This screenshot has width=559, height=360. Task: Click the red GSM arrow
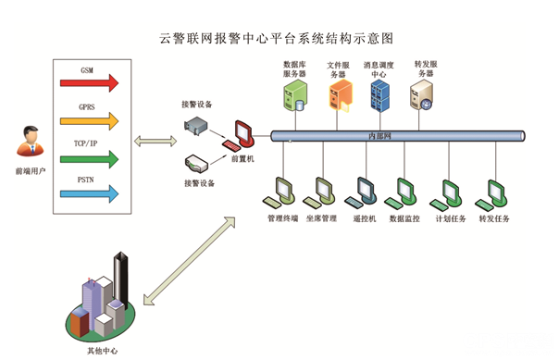click(89, 83)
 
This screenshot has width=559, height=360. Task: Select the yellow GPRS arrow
click(89, 121)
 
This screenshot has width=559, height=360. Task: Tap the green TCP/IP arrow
click(89, 159)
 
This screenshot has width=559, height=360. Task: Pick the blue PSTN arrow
click(89, 194)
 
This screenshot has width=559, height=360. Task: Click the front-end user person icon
click(31, 142)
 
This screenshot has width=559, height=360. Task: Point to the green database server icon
click(295, 95)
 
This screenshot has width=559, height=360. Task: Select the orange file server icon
click(341, 95)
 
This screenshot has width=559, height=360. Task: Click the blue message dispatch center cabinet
click(379, 95)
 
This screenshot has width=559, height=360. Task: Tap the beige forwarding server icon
click(422, 94)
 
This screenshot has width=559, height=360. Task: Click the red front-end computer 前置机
click(240, 136)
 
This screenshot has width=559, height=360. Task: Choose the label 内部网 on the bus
click(379, 136)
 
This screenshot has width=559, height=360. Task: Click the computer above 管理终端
click(279, 192)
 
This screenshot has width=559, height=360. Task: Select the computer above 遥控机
click(361, 192)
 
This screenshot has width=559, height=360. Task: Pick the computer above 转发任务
click(491, 195)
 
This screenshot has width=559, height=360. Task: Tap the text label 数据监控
click(404, 218)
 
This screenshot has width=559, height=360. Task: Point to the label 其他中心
click(103, 351)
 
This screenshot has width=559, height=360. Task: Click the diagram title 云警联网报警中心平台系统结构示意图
click(277, 39)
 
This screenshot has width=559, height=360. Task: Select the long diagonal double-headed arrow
click(190, 261)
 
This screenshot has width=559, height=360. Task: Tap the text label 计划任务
click(451, 218)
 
